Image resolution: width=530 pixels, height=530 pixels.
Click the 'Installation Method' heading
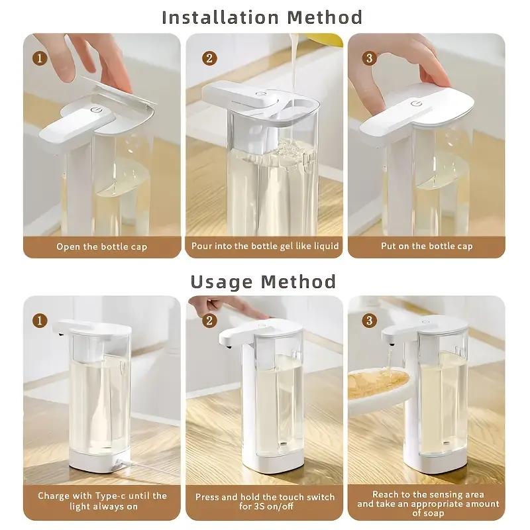[262, 17]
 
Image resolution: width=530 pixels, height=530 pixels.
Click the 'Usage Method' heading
[263, 281]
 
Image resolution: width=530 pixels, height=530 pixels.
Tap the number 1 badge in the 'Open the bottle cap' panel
[40, 58]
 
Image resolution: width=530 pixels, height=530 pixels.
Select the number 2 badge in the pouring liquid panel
[209, 58]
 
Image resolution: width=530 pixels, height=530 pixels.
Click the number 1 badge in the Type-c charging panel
[40, 321]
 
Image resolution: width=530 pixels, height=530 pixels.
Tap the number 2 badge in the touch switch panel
[209, 321]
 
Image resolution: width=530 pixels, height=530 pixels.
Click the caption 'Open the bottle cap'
[102, 246]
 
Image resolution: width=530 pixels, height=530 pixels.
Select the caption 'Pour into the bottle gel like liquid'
[265, 246]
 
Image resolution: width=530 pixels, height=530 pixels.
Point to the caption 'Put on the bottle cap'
[427, 246]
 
